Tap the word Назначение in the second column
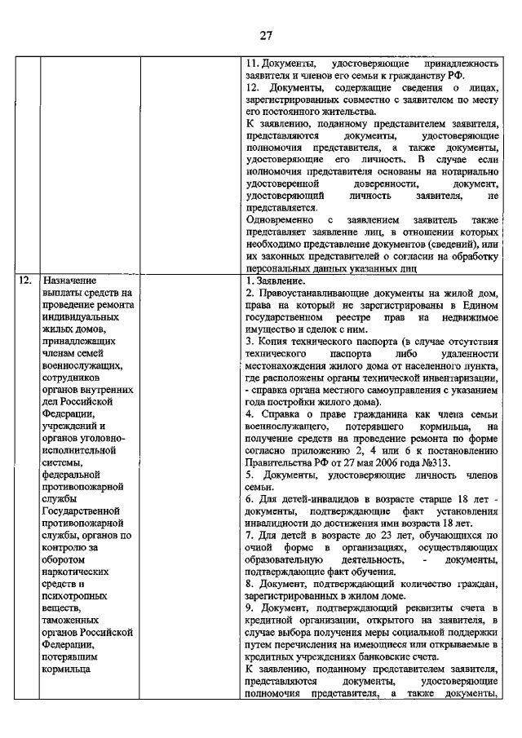(x=73, y=280)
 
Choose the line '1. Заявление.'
(x=276, y=280)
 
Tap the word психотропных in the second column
(x=78, y=595)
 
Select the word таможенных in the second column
(x=75, y=620)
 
